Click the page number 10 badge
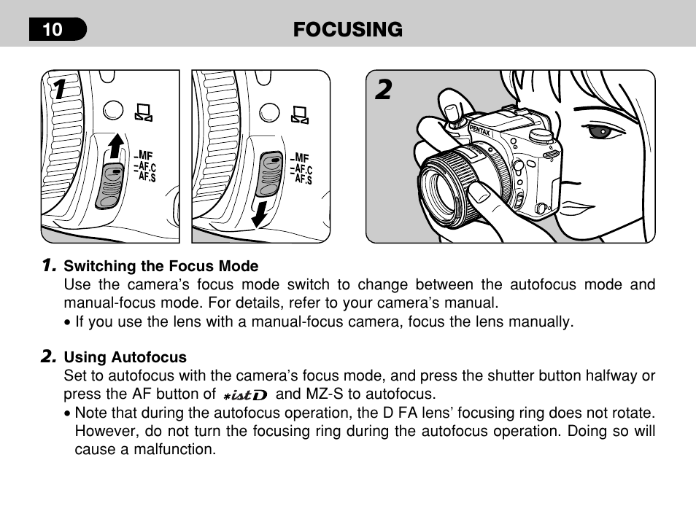(58, 29)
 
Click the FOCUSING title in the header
(347, 30)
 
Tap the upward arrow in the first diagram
(116, 146)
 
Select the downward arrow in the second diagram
(260, 214)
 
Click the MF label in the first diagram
(144, 155)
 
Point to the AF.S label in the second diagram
(303, 179)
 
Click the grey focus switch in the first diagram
(109, 185)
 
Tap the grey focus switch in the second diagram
(269, 174)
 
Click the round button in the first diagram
(113, 110)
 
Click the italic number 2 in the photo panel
(384, 90)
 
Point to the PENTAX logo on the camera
(480, 130)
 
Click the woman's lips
(576, 208)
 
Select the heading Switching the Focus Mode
(161, 266)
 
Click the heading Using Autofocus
(125, 357)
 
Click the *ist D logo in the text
(245, 394)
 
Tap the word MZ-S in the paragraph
(325, 394)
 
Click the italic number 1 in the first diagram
(60, 89)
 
